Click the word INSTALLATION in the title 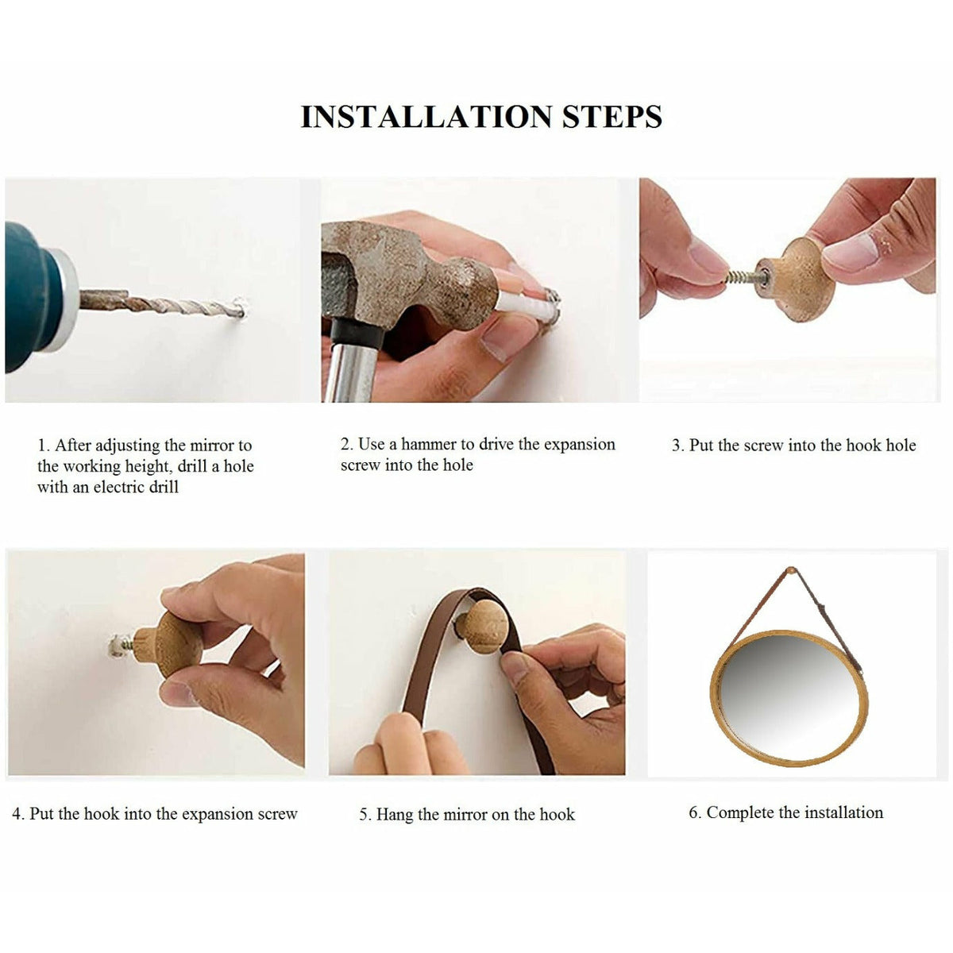[x=426, y=118]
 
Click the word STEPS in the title [x=612, y=118]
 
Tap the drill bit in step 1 [x=161, y=303]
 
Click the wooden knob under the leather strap [x=482, y=626]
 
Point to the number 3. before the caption [x=678, y=446]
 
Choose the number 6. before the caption [x=696, y=813]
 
